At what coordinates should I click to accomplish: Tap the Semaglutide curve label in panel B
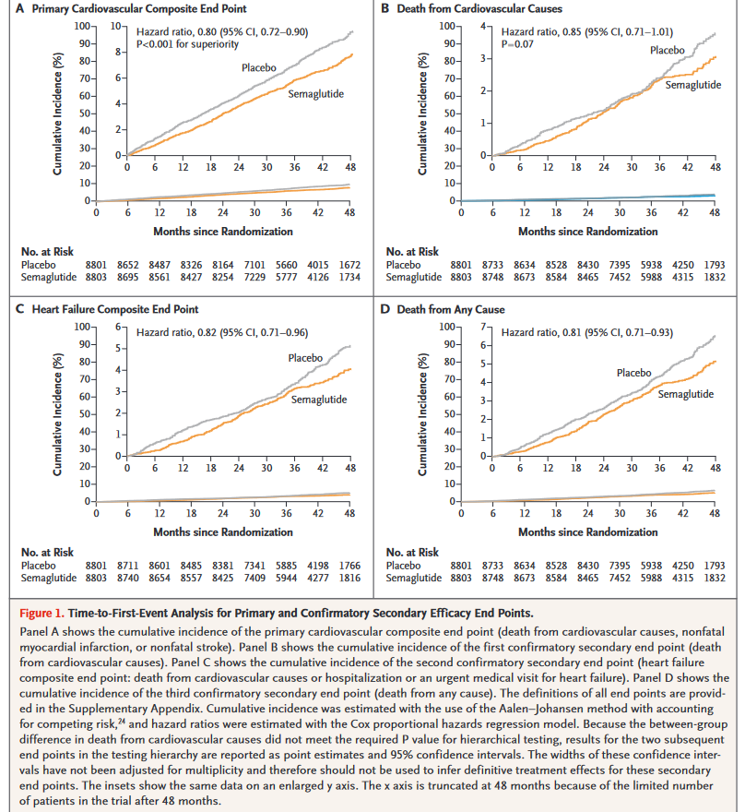click(x=691, y=85)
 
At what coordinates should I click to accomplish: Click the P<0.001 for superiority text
click(x=195, y=43)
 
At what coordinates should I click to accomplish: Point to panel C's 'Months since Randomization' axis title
click(x=223, y=531)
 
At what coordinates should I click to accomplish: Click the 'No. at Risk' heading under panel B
click(x=412, y=251)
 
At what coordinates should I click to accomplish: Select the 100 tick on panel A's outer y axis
click(x=80, y=25)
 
